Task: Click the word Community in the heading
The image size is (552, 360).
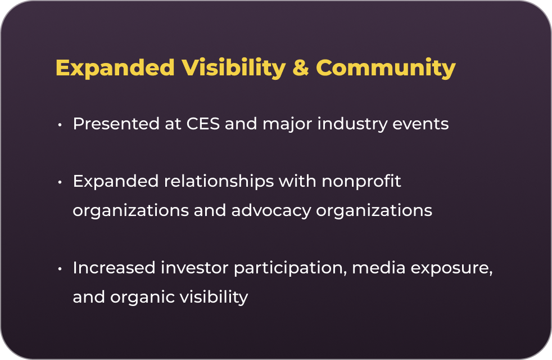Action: coord(386,68)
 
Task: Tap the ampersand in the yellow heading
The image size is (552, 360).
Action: coord(301,67)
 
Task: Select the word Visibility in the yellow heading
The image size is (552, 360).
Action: coord(234,68)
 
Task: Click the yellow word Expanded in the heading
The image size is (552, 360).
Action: coord(115,67)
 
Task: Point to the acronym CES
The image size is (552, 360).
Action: coord(203,124)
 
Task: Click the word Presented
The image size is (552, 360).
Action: coord(116,124)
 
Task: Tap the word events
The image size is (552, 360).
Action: coord(420,124)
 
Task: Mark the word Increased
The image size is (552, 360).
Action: coord(114,268)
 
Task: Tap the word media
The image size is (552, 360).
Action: coord(379,268)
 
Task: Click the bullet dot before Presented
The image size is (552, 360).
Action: coord(60,125)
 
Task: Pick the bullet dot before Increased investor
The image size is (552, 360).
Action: coord(60,269)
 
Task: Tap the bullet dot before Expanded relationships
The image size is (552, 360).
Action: coord(60,182)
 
